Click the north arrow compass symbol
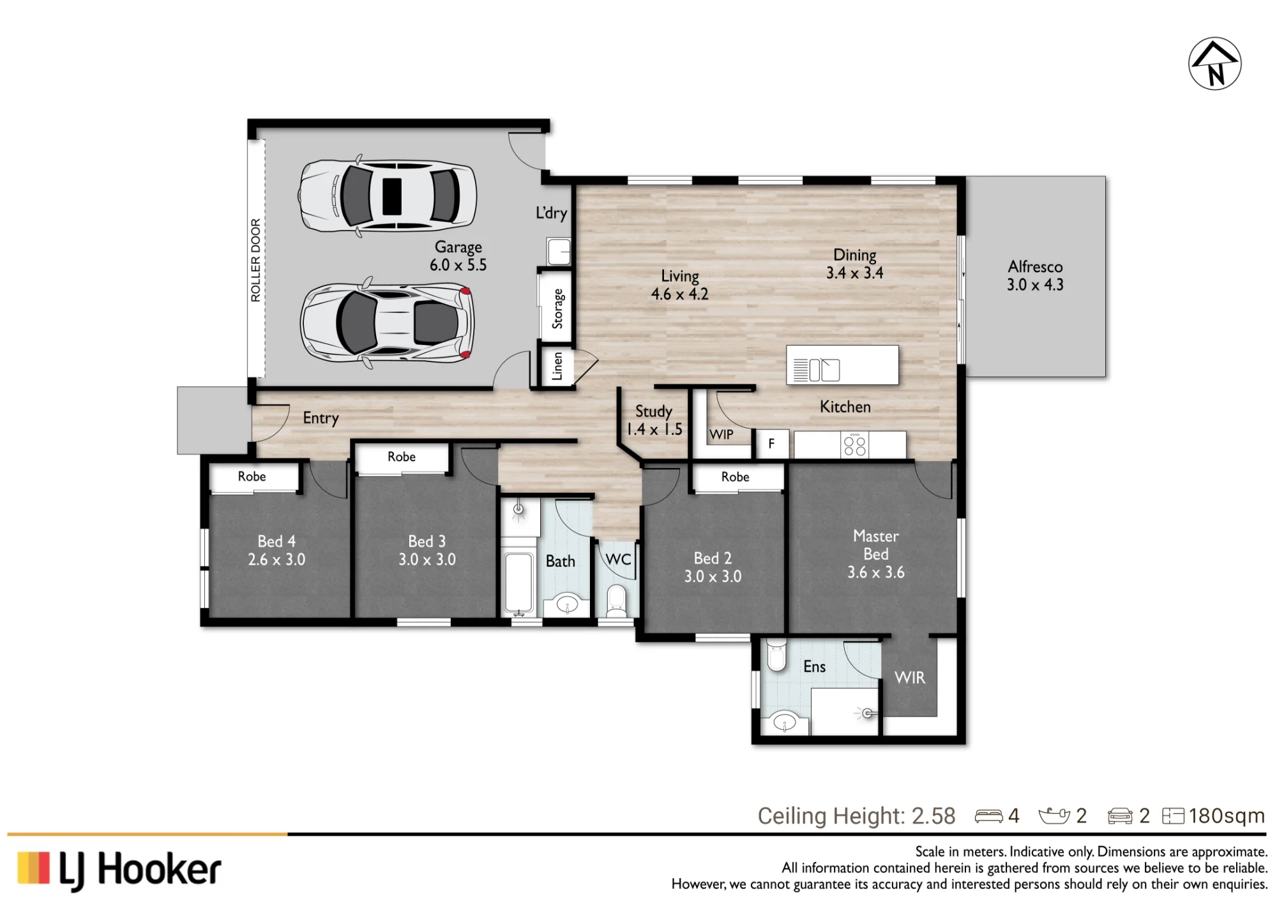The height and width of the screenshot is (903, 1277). (1214, 64)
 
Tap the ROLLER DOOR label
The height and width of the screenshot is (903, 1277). (256, 260)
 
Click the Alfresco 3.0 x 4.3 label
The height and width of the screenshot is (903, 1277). (1035, 276)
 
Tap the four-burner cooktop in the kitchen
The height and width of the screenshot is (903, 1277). (855, 445)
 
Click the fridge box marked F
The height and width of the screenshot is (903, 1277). (772, 443)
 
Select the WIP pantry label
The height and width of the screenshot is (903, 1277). (722, 435)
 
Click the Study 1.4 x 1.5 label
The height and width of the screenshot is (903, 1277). (654, 420)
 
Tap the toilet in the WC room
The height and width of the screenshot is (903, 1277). (616, 601)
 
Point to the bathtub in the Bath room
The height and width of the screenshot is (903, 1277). (518, 581)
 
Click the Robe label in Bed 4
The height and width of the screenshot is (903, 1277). (252, 476)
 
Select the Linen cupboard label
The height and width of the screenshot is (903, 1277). (557, 366)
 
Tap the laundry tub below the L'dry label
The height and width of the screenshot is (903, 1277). (559, 251)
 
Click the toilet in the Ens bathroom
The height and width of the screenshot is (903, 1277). (776, 654)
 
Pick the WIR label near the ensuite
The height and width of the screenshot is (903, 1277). (910, 678)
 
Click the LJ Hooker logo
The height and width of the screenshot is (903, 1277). (119, 870)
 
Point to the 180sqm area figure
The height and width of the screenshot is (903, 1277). (1226, 816)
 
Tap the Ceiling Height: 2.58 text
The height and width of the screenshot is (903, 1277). (856, 816)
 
